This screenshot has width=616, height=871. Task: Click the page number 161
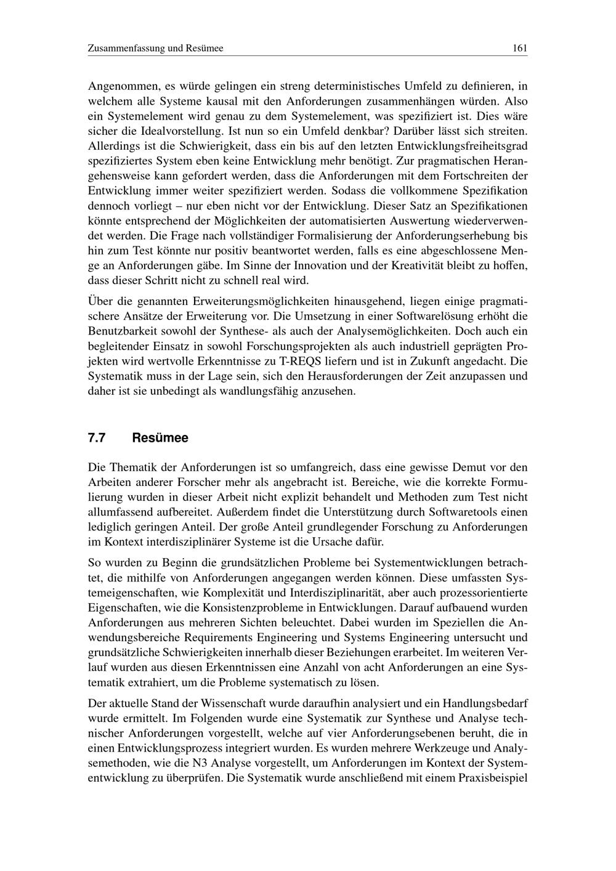519,48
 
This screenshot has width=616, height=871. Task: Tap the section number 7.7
97,438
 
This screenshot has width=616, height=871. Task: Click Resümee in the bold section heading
160,438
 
